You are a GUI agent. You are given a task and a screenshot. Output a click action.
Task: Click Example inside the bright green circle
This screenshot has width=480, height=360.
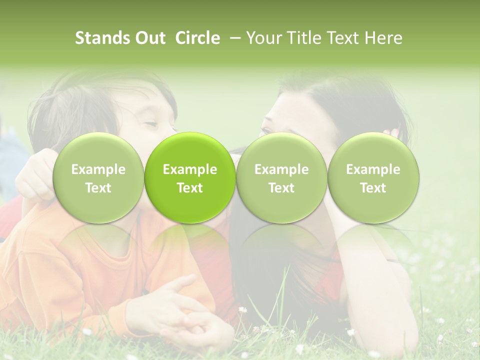tap(190, 169)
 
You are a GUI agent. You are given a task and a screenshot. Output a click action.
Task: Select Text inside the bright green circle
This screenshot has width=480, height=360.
tap(190, 188)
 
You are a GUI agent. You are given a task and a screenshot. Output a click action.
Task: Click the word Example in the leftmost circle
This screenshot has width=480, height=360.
tap(98, 169)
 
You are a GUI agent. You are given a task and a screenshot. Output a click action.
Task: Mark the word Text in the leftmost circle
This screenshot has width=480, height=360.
tap(98, 188)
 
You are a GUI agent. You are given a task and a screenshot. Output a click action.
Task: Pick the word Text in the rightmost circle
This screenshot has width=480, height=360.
tap(373, 188)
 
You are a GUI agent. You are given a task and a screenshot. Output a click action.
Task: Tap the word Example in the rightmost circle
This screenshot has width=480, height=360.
tap(373, 169)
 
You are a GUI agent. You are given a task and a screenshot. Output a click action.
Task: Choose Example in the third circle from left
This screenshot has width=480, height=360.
tap(281, 169)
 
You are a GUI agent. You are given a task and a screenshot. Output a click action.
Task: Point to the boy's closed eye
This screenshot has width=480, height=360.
tap(150, 123)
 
